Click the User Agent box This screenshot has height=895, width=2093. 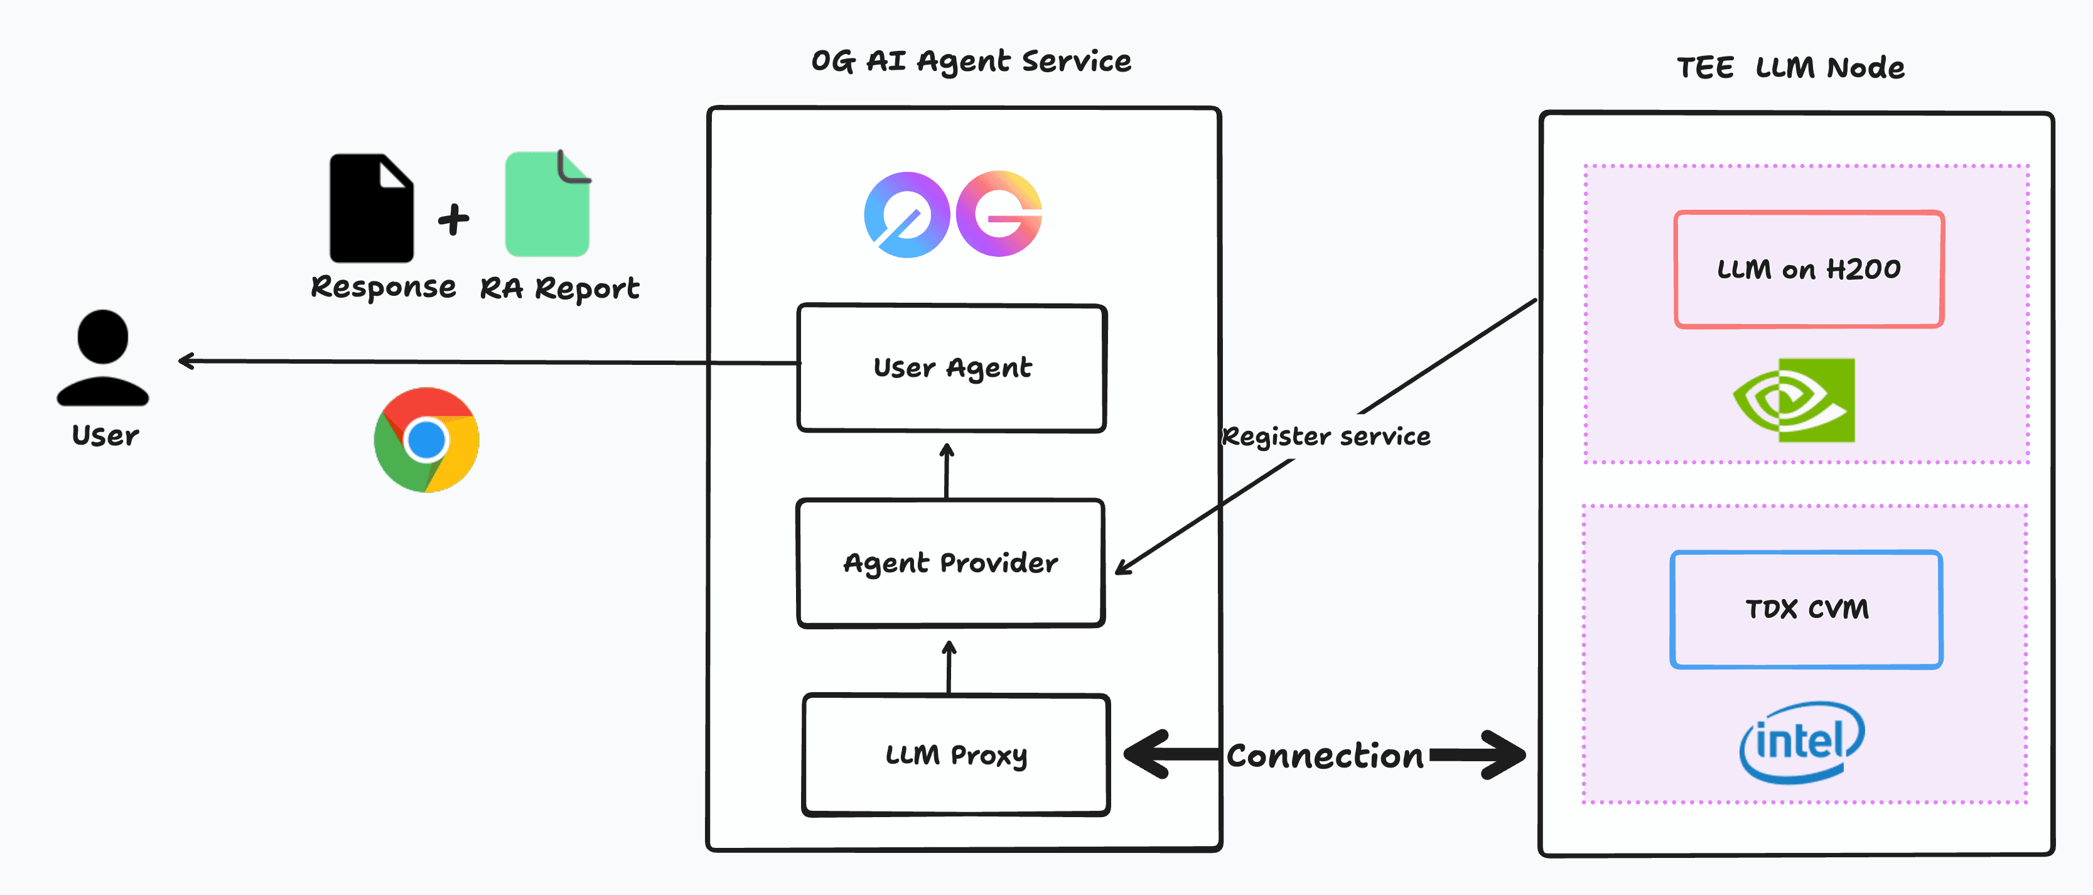(952, 367)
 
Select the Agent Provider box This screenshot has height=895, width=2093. (950, 563)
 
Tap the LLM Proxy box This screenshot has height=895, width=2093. (955, 754)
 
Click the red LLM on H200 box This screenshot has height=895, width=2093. (1809, 269)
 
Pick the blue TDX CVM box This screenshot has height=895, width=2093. (1806, 609)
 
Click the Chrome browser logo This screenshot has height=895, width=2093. (426, 440)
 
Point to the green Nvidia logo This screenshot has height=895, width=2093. (1794, 400)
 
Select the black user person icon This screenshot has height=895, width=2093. (103, 357)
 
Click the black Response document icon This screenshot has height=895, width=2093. (371, 208)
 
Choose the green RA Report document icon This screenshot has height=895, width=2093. (547, 204)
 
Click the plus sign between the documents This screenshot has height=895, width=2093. (453, 219)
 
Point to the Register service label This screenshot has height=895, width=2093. (1326, 437)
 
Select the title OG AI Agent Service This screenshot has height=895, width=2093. (971, 61)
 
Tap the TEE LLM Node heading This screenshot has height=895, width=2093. (1791, 67)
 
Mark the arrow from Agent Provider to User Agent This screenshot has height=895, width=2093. (947, 470)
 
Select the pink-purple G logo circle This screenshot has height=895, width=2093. (999, 214)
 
